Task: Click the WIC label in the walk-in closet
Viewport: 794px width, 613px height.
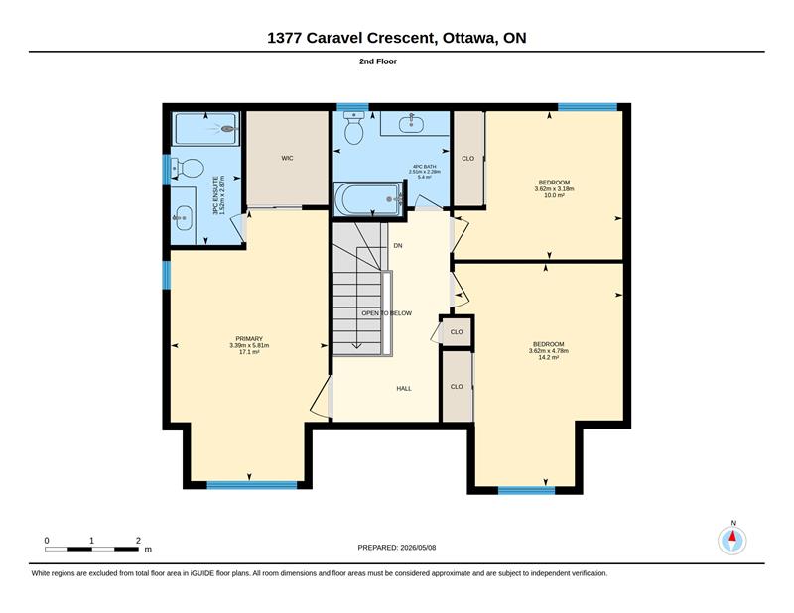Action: coord(287,158)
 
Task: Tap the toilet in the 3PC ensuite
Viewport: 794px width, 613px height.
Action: coord(188,168)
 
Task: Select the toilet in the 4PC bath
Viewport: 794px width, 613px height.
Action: coord(354,128)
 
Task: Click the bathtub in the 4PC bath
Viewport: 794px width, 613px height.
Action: coord(368,199)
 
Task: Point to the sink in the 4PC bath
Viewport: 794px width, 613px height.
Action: coord(411,122)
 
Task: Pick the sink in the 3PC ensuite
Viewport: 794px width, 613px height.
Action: coord(183,218)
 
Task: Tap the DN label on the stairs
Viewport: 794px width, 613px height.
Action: coord(398,246)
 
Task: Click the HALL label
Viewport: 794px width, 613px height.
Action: coord(404,388)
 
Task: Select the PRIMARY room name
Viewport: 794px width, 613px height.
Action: coord(249,339)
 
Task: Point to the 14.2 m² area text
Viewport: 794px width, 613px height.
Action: coord(549,357)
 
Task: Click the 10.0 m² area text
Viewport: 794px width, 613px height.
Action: coord(554,195)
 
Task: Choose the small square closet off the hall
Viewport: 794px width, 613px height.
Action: coord(457,332)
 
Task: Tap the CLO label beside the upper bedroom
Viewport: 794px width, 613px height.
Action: coord(467,159)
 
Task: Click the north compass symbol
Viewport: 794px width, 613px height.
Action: coord(732,541)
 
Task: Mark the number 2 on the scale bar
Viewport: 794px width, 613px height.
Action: coord(138,541)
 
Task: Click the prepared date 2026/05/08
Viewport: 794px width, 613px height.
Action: coord(418,548)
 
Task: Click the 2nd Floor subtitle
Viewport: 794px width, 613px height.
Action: coord(378,61)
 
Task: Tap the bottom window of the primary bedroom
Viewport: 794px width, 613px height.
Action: coord(252,485)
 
